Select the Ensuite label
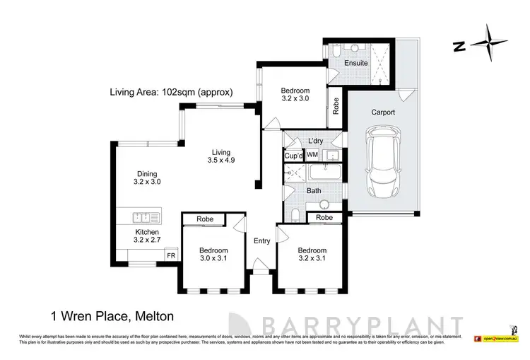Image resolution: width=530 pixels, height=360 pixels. coord(355,63)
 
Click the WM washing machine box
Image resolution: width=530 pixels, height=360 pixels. coord(312,155)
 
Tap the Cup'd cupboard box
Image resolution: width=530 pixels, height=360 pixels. coord(293,155)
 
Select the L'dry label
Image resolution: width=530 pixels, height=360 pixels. coord(315,140)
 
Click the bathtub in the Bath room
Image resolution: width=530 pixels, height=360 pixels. coord(325,173)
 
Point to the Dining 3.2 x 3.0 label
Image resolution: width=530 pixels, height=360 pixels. coord(147,177)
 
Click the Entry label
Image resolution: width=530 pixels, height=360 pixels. coord(262,240)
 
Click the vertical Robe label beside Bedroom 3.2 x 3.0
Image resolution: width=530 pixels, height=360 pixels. coord(336,105)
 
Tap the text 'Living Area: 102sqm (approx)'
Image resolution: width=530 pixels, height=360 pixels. coord(170,91)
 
